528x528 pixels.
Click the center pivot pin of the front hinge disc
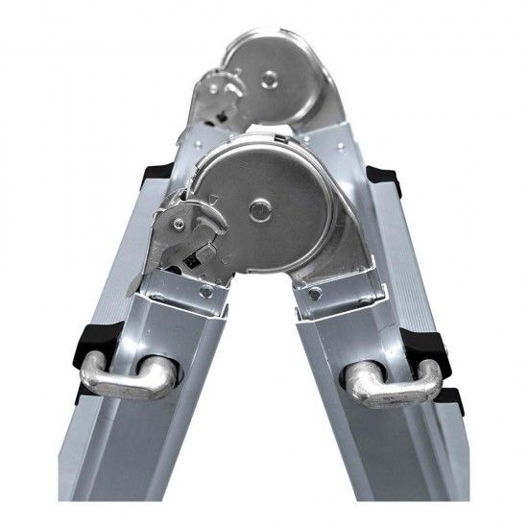pyautogui.click(x=258, y=207)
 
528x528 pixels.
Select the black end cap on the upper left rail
pyautogui.click(x=155, y=174)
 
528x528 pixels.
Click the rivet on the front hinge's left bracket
pyautogui.click(x=205, y=291)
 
